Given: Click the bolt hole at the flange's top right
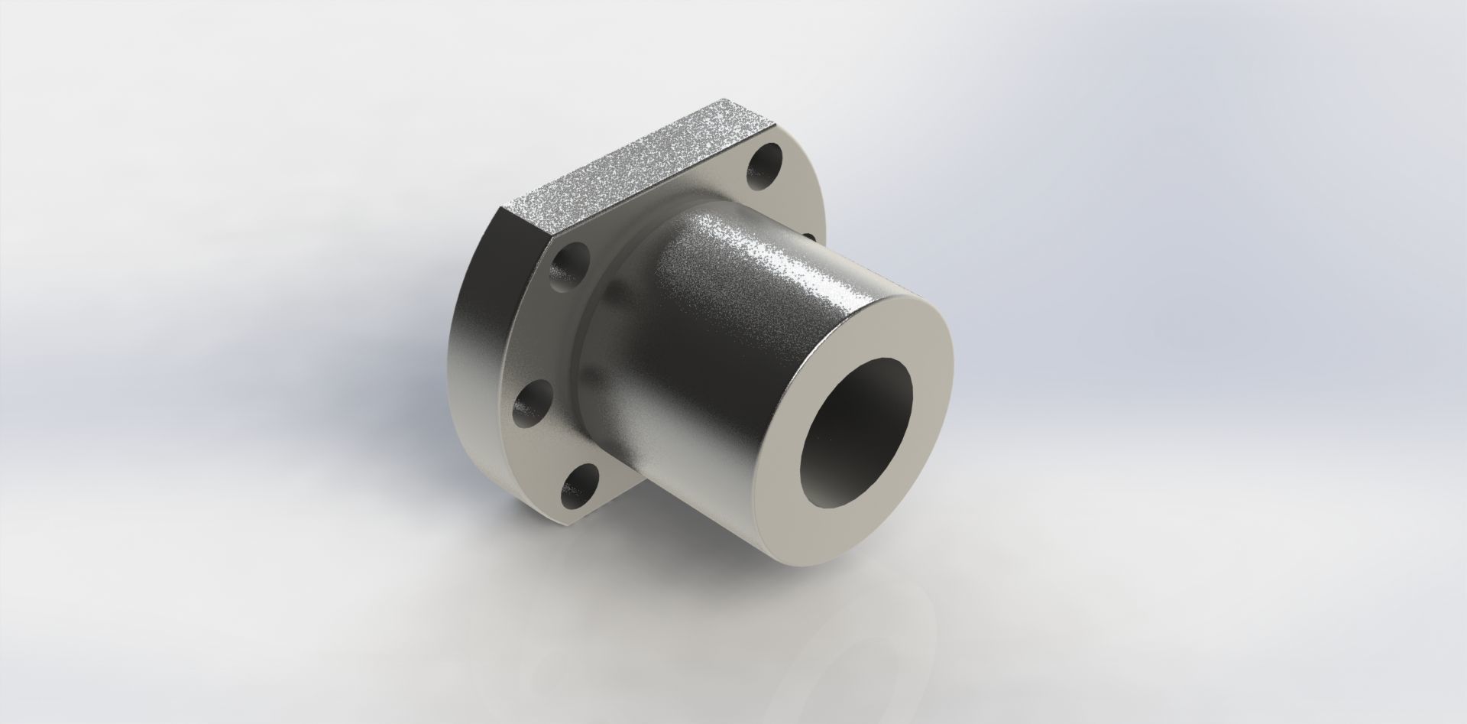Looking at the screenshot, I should [765, 169].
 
